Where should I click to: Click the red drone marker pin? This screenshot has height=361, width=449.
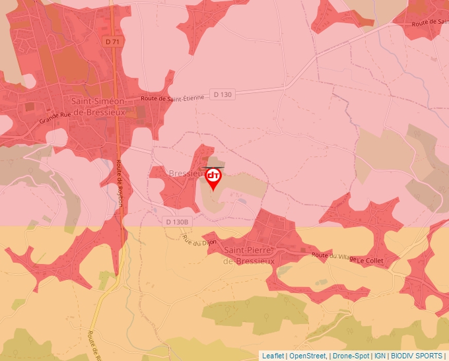click(213, 178)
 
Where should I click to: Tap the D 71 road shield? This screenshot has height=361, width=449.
click(113, 41)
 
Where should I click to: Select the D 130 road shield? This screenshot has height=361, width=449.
click(223, 94)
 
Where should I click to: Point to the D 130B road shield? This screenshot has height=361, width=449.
click(176, 222)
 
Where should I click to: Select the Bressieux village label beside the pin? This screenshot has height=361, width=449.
click(186, 174)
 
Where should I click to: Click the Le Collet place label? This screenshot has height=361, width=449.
click(370, 261)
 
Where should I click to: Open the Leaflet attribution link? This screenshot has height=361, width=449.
click(273, 356)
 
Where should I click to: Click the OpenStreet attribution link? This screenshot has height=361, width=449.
click(307, 356)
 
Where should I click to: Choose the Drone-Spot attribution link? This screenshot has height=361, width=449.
click(351, 356)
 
